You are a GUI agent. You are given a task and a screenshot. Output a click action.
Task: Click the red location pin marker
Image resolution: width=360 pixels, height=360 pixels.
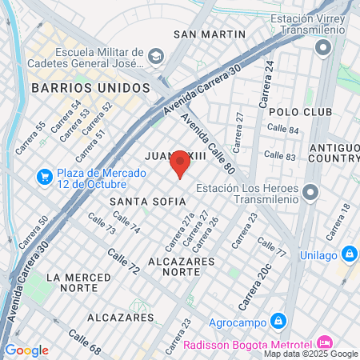click(x=180, y=163)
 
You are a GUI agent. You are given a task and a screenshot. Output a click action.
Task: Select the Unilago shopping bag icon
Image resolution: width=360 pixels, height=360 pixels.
click(x=349, y=254)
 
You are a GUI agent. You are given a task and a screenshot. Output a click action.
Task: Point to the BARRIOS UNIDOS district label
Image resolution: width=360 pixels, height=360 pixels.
click(x=90, y=86)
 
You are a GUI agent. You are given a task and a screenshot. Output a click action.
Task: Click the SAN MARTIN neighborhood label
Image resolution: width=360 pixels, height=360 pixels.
click(x=209, y=34)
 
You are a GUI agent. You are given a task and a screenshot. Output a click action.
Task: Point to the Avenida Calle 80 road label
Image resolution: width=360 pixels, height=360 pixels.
click(x=207, y=142)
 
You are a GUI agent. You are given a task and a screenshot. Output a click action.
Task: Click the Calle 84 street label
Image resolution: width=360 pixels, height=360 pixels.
click(x=282, y=129)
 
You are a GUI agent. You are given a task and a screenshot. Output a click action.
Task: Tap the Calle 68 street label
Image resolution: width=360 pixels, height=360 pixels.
click(x=84, y=342)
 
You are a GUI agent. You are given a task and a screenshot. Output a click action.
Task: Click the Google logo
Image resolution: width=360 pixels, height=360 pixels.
click(x=26, y=350)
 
